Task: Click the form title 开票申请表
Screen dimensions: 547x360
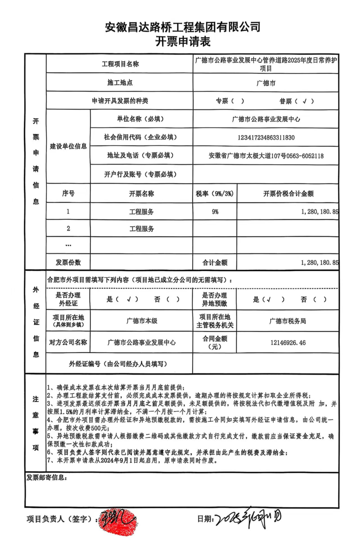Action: pyautogui.click(x=183, y=42)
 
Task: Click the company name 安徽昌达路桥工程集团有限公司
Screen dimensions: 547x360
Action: pyautogui.click(x=183, y=27)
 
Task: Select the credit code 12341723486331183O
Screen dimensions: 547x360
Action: pyautogui.click(x=266, y=138)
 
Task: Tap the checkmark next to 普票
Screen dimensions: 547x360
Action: pyautogui.click(x=304, y=101)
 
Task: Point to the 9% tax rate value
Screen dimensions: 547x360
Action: pyautogui.click(x=215, y=211)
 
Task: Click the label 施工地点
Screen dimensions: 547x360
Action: pyautogui.click(x=120, y=83)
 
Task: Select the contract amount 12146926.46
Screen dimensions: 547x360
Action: pyautogui.click(x=288, y=343)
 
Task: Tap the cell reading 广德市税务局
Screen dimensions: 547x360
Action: pyautogui.click(x=287, y=321)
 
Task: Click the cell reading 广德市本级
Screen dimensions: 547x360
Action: pyautogui.click(x=141, y=321)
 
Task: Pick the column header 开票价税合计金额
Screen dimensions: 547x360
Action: pyautogui.click(x=288, y=193)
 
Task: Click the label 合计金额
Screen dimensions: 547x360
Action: pyautogui.click(x=215, y=263)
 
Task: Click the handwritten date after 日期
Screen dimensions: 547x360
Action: pyautogui.click(x=247, y=519)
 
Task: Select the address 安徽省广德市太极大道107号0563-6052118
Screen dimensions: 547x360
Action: pyautogui.click(x=266, y=156)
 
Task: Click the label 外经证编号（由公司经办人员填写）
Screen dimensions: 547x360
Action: pyautogui.click(x=118, y=364)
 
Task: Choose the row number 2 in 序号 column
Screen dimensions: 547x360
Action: pyautogui.click(x=68, y=228)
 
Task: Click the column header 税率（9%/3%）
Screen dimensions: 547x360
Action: pyautogui.click(x=215, y=193)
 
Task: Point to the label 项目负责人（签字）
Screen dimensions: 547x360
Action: pyautogui.click(x=60, y=519)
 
